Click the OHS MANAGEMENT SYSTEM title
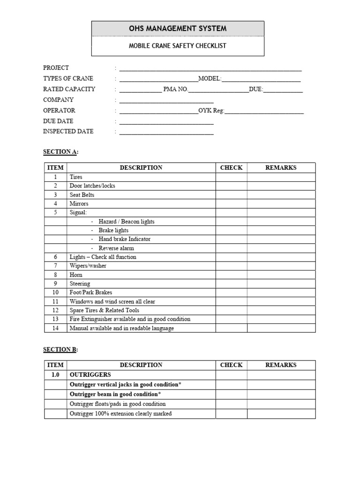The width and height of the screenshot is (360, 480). click(x=178, y=29)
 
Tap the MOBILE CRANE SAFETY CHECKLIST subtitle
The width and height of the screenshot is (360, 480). click(x=178, y=46)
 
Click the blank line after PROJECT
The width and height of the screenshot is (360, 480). click(x=210, y=68)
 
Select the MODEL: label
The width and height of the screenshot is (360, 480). click(x=210, y=79)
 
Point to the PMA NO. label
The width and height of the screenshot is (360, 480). click(x=175, y=90)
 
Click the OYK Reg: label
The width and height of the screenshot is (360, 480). click(x=212, y=111)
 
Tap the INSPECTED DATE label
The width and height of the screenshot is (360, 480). click(x=68, y=132)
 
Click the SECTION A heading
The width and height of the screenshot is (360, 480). click(x=60, y=152)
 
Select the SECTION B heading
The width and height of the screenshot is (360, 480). click(x=60, y=350)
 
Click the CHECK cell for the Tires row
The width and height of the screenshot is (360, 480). click(x=231, y=177)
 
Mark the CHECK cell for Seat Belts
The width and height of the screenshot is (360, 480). click(x=231, y=195)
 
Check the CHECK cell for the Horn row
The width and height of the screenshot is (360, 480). click(x=231, y=275)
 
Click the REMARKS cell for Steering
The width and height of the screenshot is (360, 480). click(x=281, y=284)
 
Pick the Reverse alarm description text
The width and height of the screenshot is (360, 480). click(x=116, y=248)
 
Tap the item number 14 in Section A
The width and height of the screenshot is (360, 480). click(x=55, y=328)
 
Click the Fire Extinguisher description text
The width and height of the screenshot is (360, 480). click(x=130, y=319)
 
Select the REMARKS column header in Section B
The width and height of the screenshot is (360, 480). click(x=281, y=365)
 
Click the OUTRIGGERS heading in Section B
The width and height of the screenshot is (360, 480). click(x=90, y=375)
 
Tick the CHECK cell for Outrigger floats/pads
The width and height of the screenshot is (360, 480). click(x=231, y=404)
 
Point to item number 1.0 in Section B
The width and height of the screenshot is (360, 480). click(x=55, y=375)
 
